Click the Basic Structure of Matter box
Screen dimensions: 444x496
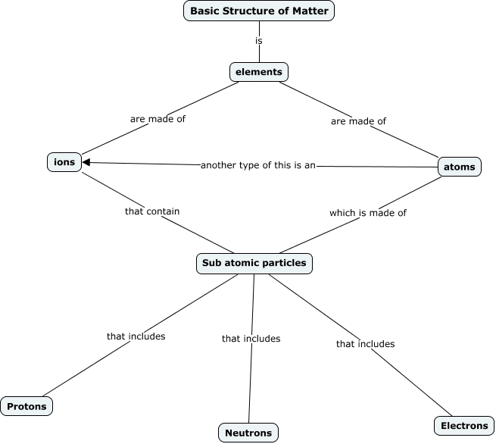pyautogui.click(x=259, y=11)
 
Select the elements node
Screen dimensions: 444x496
pyautogui.click(x=259, y=72)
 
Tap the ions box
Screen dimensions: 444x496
pyautogui.click(x=64, y=162)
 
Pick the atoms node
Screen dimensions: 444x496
pyautogui.click(x=460, y=167)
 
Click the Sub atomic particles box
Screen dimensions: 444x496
pyautogui.click(x=254, y=264)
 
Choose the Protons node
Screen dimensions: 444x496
pyautogui.click(x=27, y=407)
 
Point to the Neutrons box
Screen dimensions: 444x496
pyautogui.click(x=248, y=433)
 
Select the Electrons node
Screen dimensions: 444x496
pyautogui.click(x=464, y=426)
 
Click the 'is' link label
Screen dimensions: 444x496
pyautogui.click(x=259, y=40)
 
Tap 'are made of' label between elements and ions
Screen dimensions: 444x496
pyautogui.click(x=158, y=119)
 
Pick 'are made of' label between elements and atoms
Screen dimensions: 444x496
pyautogui.click(x=358, y=121)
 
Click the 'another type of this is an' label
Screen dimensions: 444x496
pyautogui.click(x=257, y=165)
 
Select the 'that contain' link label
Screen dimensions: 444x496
pyautogui.click(x=152, y=211)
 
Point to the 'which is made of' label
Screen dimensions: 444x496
pyautogui.click(x=367, y=213)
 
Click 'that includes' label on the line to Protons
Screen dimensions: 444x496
pyautogui.click(x=136, y=336)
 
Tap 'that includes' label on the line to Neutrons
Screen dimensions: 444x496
pyautogui.click(x=251, y=339)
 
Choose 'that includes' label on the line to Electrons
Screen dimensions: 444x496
pyautogui.click(x=365, y=344)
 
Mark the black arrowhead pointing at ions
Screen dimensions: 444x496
pyautogui.click(x=87, y=162)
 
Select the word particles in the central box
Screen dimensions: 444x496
pyautogui.click(x=285, y=264)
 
